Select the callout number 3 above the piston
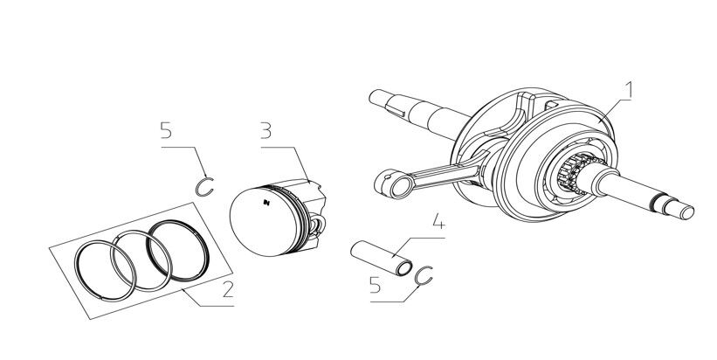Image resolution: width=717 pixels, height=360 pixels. [266, 133]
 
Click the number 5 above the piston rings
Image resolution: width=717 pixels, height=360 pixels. [165, 133]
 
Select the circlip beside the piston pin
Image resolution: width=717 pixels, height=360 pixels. [424, 277]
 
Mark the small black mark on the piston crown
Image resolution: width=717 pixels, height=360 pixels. [265, 204]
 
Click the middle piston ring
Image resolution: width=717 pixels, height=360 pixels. [136, 257]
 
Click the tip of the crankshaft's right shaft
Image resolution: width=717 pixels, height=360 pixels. [686, 210]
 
